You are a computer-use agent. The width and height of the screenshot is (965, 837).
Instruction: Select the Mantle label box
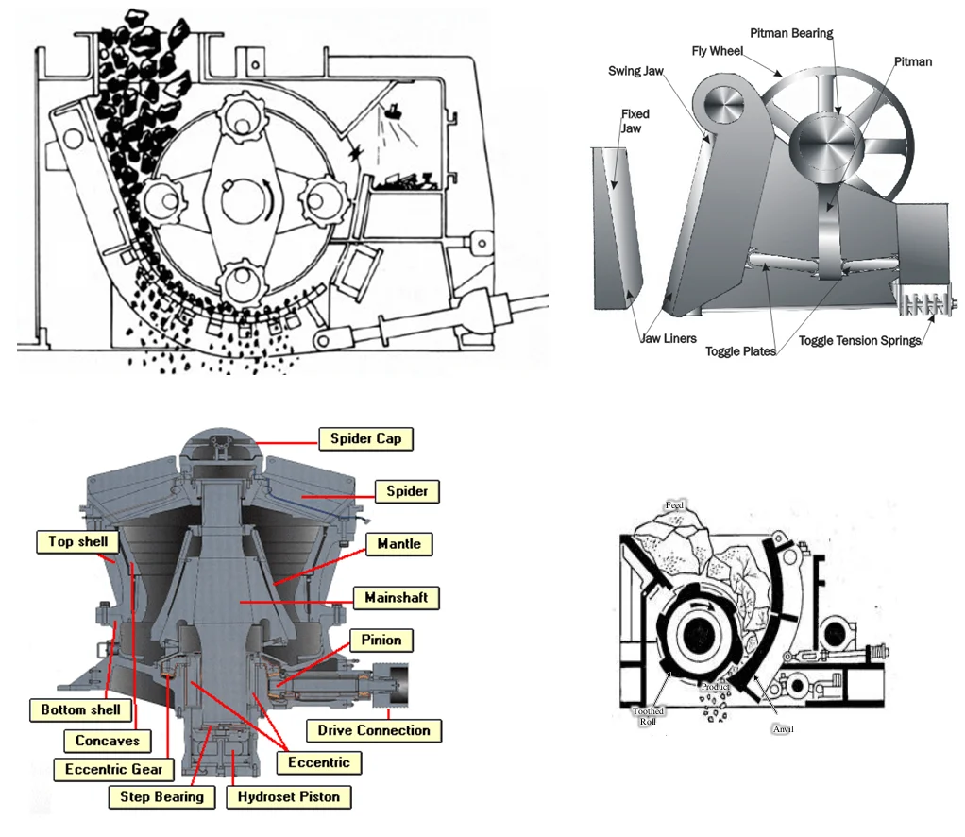pyautogui.click(x=398, y=544)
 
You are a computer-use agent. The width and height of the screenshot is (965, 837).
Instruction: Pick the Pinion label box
pyautogui.click(x=381, y=640)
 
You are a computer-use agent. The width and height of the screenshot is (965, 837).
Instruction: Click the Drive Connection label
pyautogui.click(x=374, y=730)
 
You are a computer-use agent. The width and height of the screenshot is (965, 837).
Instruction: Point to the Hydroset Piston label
pyautogui.click(x=288, y=796)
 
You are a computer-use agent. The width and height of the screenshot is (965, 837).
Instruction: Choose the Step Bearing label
pyautogui.click(x=161, y=796)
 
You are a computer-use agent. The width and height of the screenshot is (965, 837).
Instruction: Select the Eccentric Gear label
pyautogui.click(x=114, y=770)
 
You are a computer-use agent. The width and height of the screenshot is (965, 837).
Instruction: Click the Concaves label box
pyautogui.click(x=108, y=742)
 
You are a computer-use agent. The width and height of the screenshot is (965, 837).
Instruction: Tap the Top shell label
pyautogui.click(x=78, y=541)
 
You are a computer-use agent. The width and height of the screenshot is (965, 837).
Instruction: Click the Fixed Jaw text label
pyautogui.click(x=635, y=121)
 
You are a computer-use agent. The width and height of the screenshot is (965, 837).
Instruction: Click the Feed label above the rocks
pyautogui.click(x=674, y=504)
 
